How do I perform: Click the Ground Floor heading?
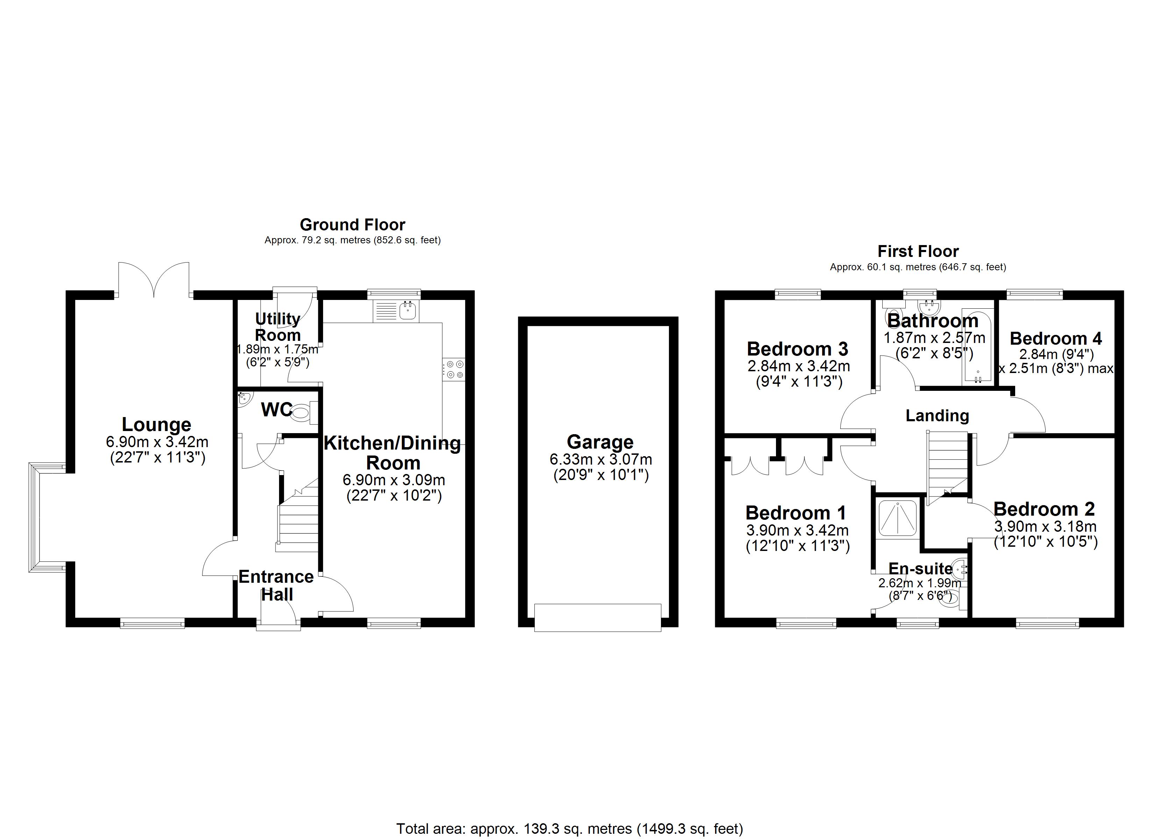(x=352, y=224)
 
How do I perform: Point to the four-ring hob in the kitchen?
(x=453, y=370)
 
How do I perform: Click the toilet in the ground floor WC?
(x=303, y=413)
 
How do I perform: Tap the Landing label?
(x=937, y=416)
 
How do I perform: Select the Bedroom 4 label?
(x=1055, y=338)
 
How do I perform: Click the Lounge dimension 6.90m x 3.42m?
(x=157, y=442)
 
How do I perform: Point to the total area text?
(x=569, y=829)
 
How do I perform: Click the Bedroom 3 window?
(x=797, y=294)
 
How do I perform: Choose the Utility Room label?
(x=277, y=327)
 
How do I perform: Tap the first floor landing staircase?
(x=946, y=466)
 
